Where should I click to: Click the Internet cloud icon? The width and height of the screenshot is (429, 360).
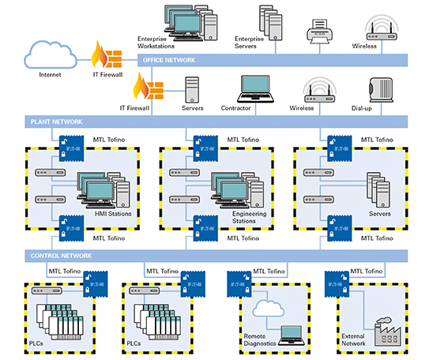50,55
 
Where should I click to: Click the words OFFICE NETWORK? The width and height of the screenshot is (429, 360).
167,59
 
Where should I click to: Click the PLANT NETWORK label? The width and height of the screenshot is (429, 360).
53,122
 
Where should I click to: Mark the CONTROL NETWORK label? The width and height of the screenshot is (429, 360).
59,256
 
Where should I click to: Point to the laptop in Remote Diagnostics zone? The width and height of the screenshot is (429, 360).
291,333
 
